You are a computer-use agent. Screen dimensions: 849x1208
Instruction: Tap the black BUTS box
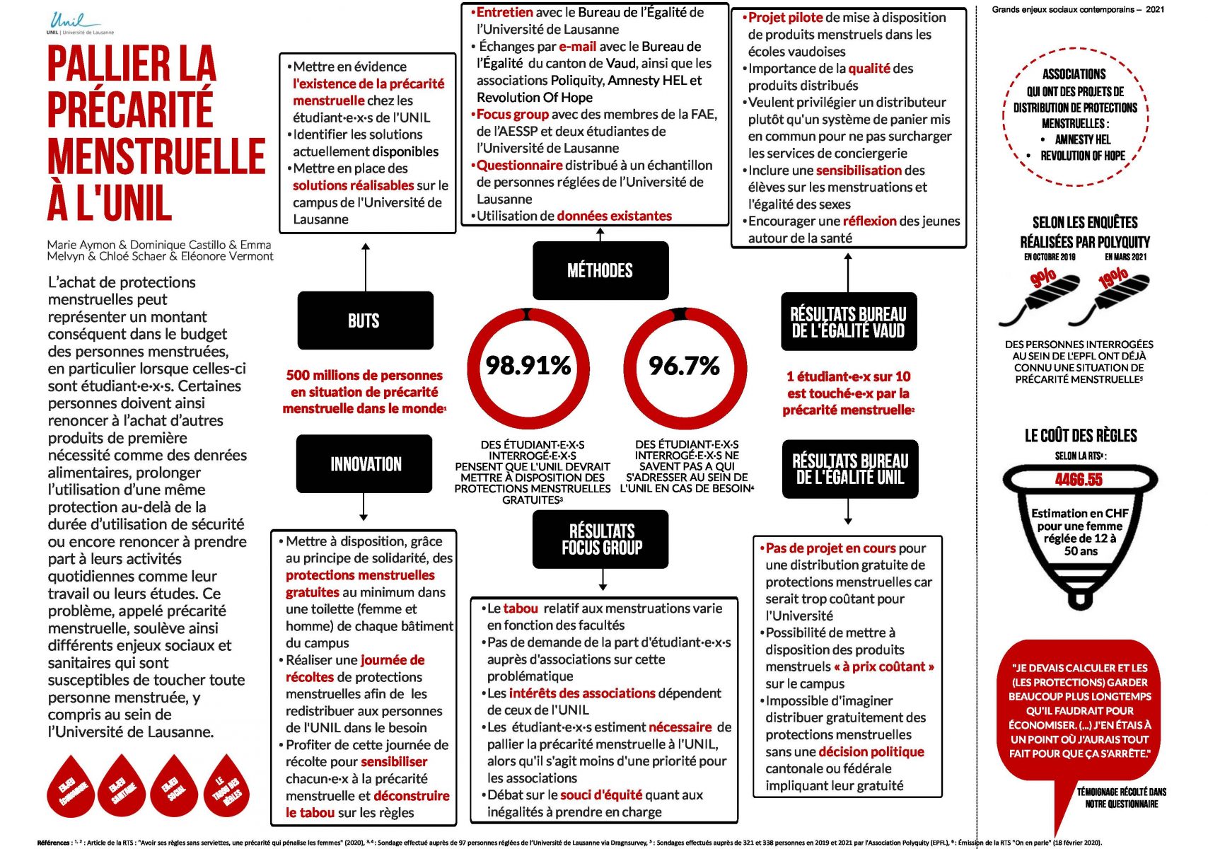click(365, 320)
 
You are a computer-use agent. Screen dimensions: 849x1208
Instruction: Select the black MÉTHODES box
click(600, 270)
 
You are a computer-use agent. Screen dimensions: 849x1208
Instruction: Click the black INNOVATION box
click(365, 464)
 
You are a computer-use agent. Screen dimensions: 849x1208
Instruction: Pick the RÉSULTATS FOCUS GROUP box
click(601, 539)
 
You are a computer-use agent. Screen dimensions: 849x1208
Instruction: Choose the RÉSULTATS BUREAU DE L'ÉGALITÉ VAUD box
click(848, 322)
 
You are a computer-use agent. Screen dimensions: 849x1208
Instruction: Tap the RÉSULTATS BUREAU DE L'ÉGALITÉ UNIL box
click(849, 469)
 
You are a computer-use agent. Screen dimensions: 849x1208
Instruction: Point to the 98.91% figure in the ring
click(528, 365)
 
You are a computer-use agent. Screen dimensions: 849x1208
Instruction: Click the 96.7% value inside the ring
click(684, 365)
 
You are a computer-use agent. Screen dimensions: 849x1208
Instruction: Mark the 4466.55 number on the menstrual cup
click(1079, 480)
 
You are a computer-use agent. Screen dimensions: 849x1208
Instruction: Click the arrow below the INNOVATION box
click(364, 507)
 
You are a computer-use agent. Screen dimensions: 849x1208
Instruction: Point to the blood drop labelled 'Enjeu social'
click(173, 787)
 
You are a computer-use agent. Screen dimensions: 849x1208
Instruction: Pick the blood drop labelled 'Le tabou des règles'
click(227, 787)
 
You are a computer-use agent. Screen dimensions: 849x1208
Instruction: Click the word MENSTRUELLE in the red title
click(156, 157)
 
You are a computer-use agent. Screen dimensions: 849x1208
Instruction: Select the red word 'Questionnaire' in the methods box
click(520, 166)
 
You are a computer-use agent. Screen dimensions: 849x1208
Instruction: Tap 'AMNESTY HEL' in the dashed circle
click(1083, 139)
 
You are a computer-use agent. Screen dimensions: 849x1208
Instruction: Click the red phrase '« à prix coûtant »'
click(884, 666)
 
